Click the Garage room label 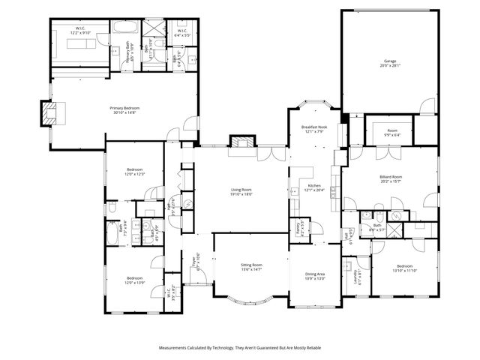389,61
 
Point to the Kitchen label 314,186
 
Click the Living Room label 241,190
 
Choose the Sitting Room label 251,265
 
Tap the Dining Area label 315,274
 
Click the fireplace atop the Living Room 241,142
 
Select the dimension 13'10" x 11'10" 404,270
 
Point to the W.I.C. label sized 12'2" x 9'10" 80,33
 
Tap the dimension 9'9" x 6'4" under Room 391,135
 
